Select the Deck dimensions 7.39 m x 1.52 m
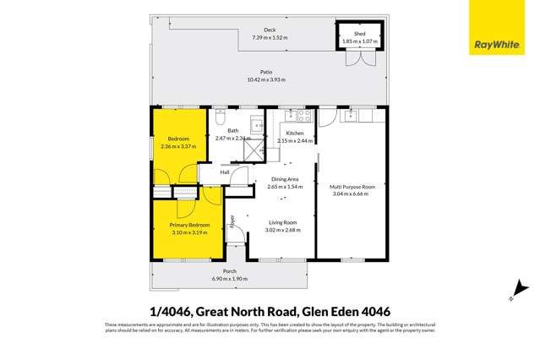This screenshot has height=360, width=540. click(270, 37)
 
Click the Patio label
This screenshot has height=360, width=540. click(266, 73)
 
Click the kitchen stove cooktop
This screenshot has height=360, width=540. click(305, 116)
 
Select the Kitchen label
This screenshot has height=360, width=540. click(295, 134)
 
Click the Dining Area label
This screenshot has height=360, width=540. click(284, 179)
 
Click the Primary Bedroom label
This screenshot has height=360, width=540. click(189, 225)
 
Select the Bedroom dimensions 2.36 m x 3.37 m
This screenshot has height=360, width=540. click(178, 145)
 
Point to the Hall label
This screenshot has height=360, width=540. click(225, 172)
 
